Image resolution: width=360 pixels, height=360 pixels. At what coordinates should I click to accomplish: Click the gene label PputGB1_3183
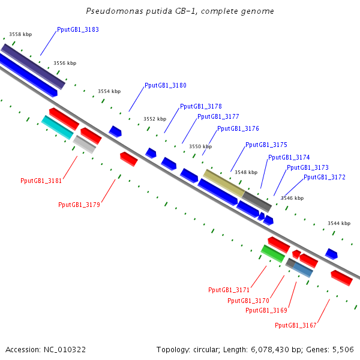[x=78, y=29]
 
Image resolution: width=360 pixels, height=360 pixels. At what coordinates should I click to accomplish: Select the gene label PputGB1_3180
[x=166, y=85]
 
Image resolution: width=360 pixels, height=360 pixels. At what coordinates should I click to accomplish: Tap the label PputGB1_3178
[x=201, y=106]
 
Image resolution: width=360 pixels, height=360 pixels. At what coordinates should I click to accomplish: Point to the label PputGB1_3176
[x=238, y=128]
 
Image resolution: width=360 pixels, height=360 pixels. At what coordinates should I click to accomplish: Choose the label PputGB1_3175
[x=266, y=145]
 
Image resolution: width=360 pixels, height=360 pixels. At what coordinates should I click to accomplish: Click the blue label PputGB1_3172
[x=325, y=177]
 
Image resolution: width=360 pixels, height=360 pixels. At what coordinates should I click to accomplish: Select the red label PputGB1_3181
[x=41, y=180]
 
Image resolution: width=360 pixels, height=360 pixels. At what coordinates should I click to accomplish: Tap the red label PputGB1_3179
[x=79, y=205]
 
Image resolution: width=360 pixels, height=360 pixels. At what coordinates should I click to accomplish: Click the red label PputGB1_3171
[x=229, y=290]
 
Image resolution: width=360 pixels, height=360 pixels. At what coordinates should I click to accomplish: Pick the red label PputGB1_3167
[x=296, y=325]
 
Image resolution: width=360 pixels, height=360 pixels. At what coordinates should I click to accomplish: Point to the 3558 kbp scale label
[x=20, y=35]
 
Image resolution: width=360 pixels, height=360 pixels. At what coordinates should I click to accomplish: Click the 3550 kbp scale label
[x=200, y=146]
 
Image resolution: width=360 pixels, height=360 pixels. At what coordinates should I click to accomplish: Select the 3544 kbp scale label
[x=339, y=223]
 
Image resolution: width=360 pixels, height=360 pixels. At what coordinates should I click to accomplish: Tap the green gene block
[x=273, y=253]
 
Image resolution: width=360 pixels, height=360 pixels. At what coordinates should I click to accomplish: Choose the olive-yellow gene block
[x=223, y=184]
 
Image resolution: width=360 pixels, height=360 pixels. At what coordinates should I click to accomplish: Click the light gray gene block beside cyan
[x=85, y=145]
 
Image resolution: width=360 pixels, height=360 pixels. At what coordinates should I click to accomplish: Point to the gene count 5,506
[x=343, y=349]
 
